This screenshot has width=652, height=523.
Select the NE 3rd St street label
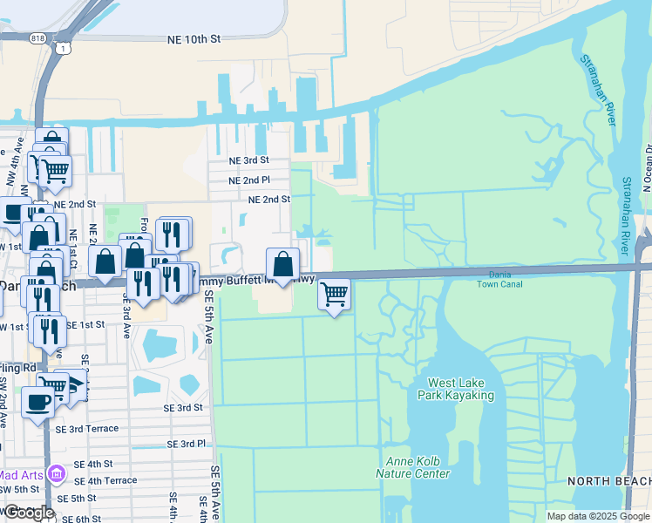[248, 160]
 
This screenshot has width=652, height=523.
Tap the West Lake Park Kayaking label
[461, 389]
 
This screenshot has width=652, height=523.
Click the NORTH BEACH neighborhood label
[608, 481]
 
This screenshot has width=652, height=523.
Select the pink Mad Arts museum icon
[58, 474]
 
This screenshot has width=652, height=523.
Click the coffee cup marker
[37, 402]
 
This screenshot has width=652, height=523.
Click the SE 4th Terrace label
[105, 480]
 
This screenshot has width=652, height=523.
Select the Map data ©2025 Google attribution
[597, 516]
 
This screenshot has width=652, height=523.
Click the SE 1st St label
[85, 324]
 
